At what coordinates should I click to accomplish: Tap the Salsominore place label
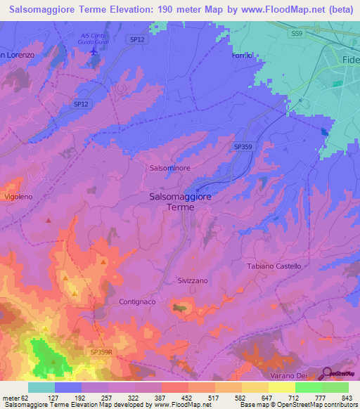pyautogui.click(x=170, y=169)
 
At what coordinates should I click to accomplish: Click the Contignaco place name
pyautogui.click(x=133, y=301)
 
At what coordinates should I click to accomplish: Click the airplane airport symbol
pyautogui.click(x=95, y=52)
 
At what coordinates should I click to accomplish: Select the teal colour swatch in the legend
pyautogui.click(x=41, y=387)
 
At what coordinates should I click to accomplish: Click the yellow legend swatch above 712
pyautogui.click(x=281, y=387)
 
